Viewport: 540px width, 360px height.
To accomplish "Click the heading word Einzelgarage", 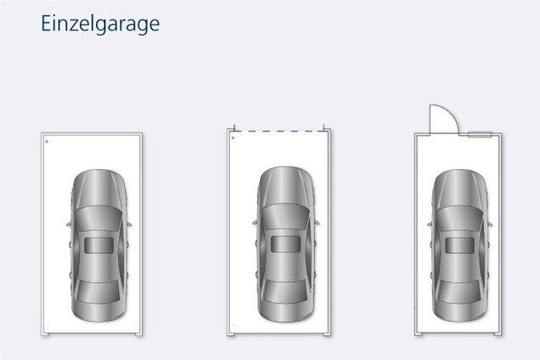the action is tap(100, 24).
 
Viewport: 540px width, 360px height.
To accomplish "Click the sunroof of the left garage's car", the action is tap(98, 245).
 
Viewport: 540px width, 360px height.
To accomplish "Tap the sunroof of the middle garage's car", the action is tap(285, 244).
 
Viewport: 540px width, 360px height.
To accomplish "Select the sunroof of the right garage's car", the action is tap(459, 245).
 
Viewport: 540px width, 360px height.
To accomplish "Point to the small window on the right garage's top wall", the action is tap(480, 134).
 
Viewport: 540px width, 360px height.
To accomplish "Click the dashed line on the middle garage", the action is tap(279, 131).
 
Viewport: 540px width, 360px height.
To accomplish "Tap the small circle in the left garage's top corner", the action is tap(47, 141).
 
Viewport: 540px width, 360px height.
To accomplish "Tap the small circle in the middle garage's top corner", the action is tap(233, 138).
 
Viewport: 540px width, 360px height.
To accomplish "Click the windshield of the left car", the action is tap(98, 217).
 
